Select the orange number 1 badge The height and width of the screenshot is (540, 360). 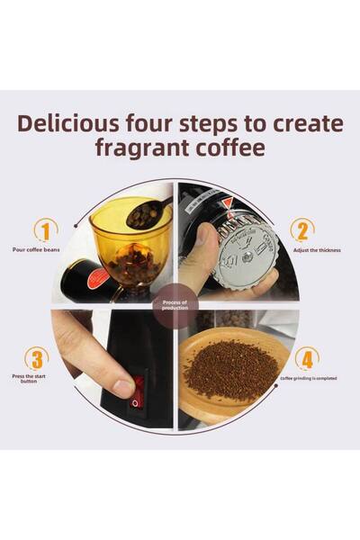click(46, 229)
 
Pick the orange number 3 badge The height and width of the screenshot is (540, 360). click(36, 358)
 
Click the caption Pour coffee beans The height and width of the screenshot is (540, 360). click(36, 249)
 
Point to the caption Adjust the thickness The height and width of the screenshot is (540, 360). click(316, 249)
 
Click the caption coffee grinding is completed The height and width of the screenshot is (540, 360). click(309, 379)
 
